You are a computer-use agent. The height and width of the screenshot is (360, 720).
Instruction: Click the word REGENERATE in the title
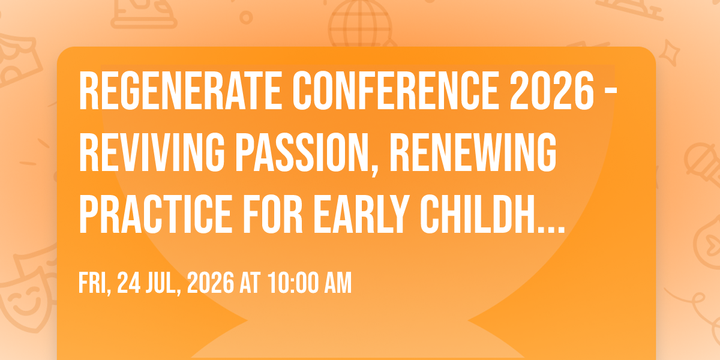tap(181, 91)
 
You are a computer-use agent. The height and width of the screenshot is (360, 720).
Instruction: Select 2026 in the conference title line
tap(551, 91)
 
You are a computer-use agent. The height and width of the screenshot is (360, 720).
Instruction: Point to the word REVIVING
tap(152, 152)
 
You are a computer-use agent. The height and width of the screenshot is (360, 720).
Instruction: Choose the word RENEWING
tap(473, 152)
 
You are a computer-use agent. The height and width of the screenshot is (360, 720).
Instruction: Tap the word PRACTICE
tap(155, 214)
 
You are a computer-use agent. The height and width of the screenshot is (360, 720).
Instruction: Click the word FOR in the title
tap(273, 214)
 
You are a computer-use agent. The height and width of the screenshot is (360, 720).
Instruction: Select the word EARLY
tap(361, 214)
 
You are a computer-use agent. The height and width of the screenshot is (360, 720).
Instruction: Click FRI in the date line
tap(95, 283)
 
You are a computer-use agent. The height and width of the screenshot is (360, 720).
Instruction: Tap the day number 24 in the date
tap(128, 283)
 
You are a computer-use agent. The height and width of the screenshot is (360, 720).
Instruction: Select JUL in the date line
tap(163, 283)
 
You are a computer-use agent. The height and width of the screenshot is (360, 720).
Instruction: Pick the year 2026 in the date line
tap(211, 283)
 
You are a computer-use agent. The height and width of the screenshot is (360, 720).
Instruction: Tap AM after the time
tap(338, 283)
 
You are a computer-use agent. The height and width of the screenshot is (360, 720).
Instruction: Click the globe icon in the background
tap(361, 24)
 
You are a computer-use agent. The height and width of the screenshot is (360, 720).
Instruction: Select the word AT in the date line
tap(250, 283)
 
